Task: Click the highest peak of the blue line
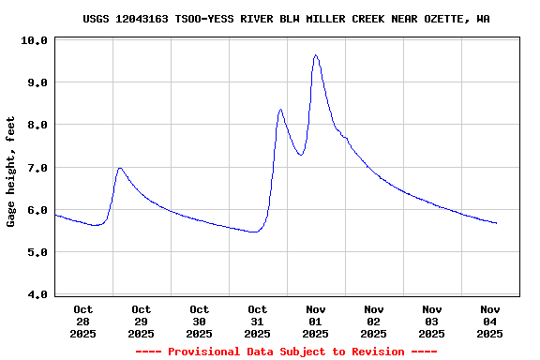[316, 55]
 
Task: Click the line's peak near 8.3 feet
[280, 110]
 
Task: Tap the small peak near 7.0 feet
[120, 168]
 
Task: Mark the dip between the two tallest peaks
[301, 155]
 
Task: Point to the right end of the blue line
[497, 223]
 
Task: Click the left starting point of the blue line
[55, 215]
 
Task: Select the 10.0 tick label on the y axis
[34, 40]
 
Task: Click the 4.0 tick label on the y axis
[37, 295]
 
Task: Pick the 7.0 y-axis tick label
[37, 168]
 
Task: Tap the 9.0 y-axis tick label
[37, 82]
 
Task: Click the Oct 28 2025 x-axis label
[83, 321]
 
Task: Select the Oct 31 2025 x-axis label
[258, 321]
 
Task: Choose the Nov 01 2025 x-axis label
[316, 321]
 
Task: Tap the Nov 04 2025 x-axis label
[490, 321]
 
